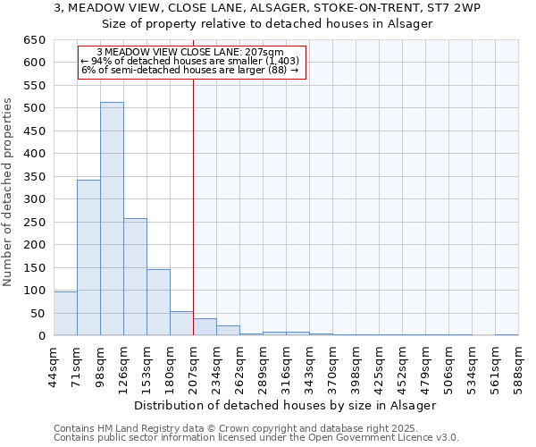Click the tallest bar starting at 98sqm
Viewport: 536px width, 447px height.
coord(112,219)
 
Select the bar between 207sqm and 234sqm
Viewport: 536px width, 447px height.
coord(205,327)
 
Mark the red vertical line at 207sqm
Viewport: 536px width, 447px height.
coord(194,179)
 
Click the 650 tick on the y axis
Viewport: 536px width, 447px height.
coord(35,40)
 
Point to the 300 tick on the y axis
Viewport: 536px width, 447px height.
coord(35,199)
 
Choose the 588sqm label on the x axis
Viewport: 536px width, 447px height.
coord(518,369)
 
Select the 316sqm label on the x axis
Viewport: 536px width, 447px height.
coord(286,369)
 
